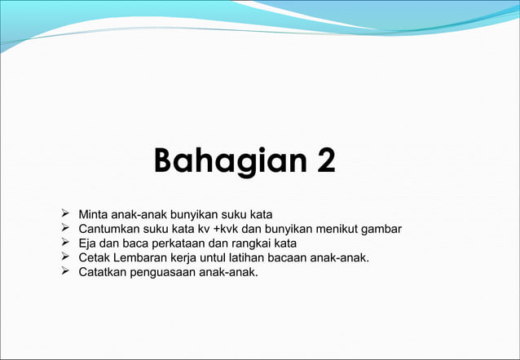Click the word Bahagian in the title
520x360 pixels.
[221, 160]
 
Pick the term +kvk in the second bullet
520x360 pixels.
[227, 229]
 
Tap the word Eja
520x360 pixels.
[87, 243]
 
